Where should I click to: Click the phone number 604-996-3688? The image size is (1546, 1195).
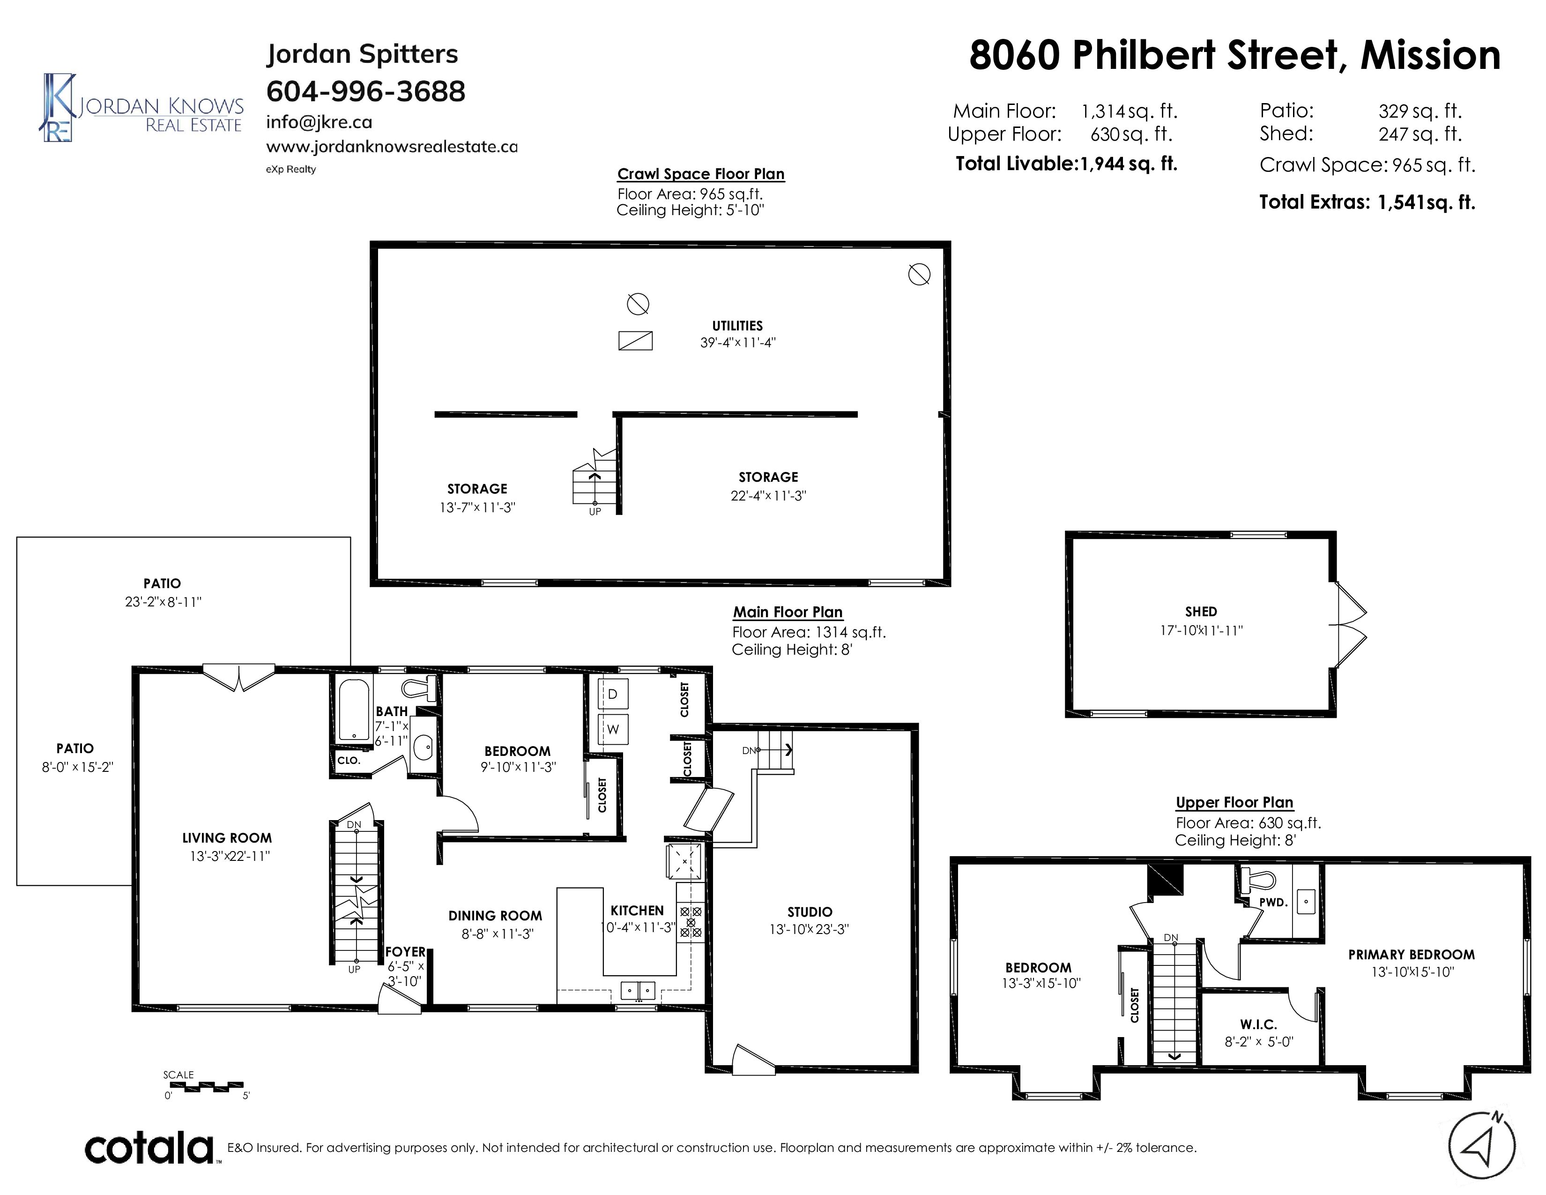pos(365,91)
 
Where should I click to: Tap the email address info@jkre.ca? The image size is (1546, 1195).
pos(319,122)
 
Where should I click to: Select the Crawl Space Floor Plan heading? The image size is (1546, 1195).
pos(701,174)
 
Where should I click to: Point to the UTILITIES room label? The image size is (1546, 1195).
pos(737,326)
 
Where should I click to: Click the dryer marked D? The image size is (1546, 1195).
pos(613,694)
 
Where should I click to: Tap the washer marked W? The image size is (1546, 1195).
pos(613,729)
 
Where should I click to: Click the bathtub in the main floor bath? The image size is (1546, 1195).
pos(354,710)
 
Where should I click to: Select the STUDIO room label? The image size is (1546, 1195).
pos(810,912)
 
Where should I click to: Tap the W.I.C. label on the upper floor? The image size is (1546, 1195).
pos(1259,1024)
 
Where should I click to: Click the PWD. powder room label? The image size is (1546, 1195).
pos(1273,903)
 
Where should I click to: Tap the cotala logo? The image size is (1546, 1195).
pos(150,1148)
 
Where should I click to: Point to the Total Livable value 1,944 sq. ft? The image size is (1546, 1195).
pos(1128,164)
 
